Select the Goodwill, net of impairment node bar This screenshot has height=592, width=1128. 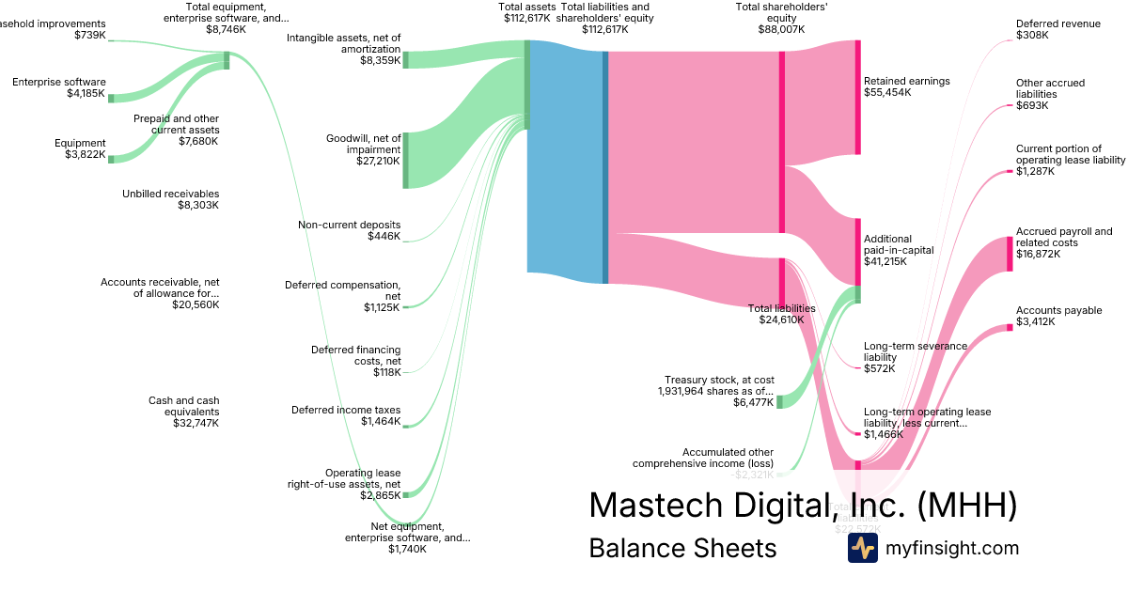point(406,161)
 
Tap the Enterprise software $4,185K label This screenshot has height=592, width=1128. point(59,87)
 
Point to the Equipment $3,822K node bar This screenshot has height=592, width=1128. point(111,159)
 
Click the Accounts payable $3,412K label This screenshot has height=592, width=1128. point(1058,316)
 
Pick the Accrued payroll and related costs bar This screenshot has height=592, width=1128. point(1010,254)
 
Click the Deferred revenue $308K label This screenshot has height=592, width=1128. point(1057,29)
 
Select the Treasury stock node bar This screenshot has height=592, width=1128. point(779,402)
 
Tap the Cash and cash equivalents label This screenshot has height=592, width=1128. point(183,412)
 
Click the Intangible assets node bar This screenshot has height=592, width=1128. point(406,60)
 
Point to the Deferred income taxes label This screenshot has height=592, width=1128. point(346,415)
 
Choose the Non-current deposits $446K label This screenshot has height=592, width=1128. point(349,230)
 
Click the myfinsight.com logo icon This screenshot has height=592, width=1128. point(862,548)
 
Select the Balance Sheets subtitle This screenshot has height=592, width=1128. point(682,548)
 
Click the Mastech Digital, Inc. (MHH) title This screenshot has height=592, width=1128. point(802,506)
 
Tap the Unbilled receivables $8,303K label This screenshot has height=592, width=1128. point(170,199)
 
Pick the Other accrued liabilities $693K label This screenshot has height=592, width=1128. point(1050,94)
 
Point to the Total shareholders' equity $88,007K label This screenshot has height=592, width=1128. point(781,18)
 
